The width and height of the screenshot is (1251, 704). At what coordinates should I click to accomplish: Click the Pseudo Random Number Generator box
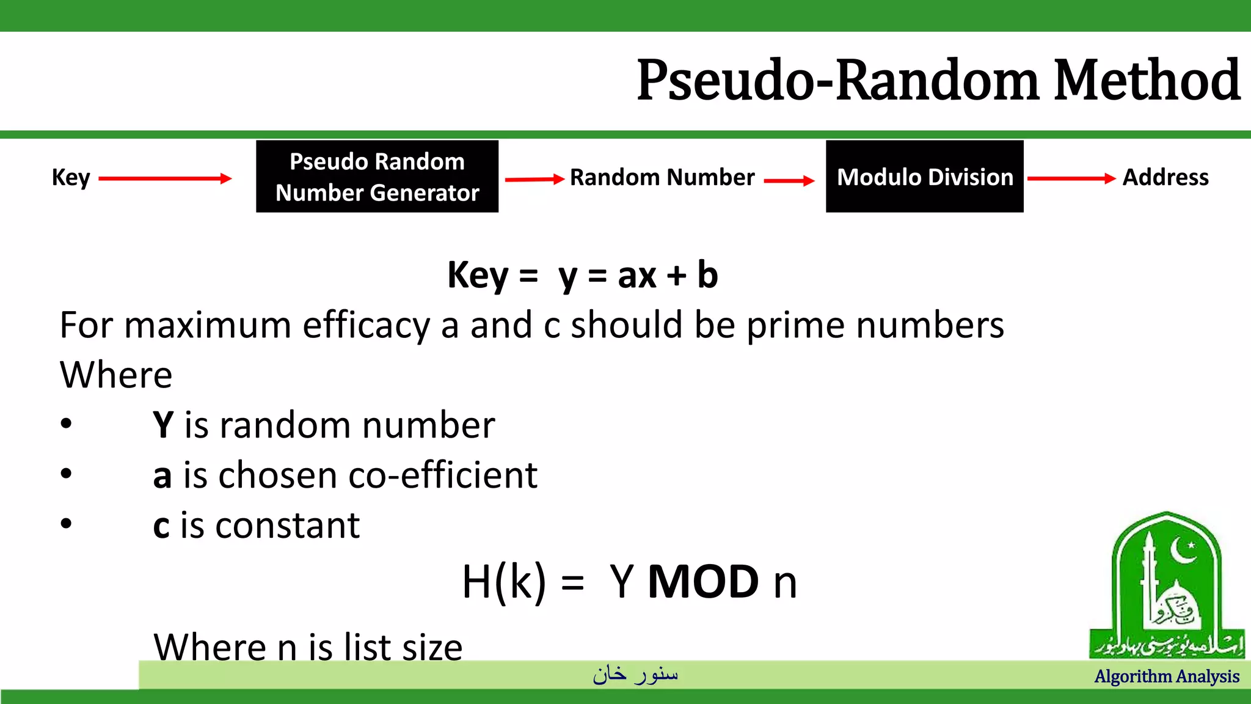pos(377,177)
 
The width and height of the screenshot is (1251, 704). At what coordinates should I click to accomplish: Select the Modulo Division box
pos(924,177)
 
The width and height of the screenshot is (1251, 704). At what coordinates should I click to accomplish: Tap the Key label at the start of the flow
pos(71,178)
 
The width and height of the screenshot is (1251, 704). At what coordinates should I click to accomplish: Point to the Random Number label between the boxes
pos(662,177)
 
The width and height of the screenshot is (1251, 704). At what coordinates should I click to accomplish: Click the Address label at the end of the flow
pos(1165,177)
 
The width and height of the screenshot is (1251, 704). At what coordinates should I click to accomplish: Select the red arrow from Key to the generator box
pos(165,178)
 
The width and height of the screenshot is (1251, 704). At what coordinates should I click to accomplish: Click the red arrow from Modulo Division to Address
pos(1071,178)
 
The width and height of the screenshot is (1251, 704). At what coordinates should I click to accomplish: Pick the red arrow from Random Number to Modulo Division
pos(789,180)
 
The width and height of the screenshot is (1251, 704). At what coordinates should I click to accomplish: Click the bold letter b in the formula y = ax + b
pos(707,275)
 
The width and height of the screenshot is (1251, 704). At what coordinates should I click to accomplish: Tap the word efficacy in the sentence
pos(367,325)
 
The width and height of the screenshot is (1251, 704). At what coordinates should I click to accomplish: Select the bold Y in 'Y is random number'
pos(163,425)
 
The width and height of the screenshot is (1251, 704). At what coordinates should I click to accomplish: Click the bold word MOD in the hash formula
pos(703,582)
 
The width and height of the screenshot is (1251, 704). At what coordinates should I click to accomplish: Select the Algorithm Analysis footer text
pos(1167,676)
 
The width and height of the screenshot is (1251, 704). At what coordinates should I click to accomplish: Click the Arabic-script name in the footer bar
pos(635,674)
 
